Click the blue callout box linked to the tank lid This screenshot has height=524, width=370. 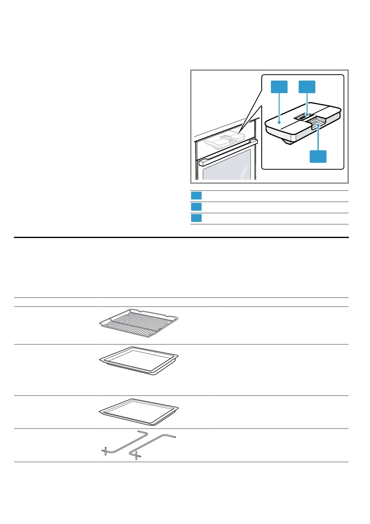pyautogui.click(x=279, y=87)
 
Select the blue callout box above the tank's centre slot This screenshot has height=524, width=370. pyautogui.click(x=307, y=87)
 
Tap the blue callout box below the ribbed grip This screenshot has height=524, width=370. pyautogui.click(x=318, y=156)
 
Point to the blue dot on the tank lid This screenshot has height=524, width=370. pyautogui.click(x=279, y=123)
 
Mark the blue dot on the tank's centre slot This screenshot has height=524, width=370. pyautogui.click(x=307, y=115)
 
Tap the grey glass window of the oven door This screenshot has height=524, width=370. pyautogui.click(x=227, y=168)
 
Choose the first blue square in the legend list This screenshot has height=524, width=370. pyautogui.click(x=196, y=196)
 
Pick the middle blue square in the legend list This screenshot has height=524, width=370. pyautogui.click(x=196, y=207)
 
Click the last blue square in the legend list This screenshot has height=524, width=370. pyautogui.click(x=196, y=218)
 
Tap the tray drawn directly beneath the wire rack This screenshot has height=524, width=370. pyautogui.click(x=139, y=360)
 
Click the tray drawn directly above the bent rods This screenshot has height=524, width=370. pyautogui.click(x=139, y=412)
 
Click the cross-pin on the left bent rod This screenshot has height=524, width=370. pyautogui.click(x=106, y=451)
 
